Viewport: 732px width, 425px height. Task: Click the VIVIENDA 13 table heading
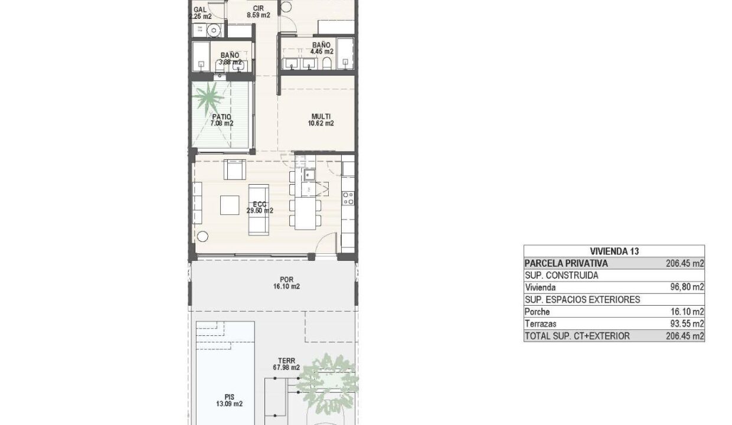pyautogui.click(x=614, y=251)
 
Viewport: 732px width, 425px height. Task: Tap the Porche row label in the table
pyautogui.click(x=537, y=312)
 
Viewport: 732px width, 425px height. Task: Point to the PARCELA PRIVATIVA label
pyautogui.click(x=566, y=263)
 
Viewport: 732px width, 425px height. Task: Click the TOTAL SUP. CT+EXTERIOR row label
pyautogui.click(x=577, y=336)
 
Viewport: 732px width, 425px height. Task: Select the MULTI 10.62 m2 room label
pyautogui.click(x=321, y=120)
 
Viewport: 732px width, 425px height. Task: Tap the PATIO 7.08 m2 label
pyautogui.click(x=221, y=120)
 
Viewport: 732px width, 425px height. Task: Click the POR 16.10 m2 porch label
pyautogui.click(x=286, y=283)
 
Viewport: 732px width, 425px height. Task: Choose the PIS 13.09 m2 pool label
pyautogui.click(x=230, y=400)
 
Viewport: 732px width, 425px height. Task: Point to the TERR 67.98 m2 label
pyautogui.click(x=286, y=364)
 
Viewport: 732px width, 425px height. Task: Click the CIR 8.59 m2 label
pyautogui.click(x=259, y=12)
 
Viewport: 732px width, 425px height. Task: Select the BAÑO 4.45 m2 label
pyautogui.click(x=322, y=48)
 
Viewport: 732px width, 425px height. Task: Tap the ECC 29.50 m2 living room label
pyautogui.click(x=260, y=207)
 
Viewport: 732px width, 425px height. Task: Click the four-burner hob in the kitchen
pyautogui.click(x=348, y=198)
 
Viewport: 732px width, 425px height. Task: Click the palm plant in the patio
pyautogui.click(x=208, y=97)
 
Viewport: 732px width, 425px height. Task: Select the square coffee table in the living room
pyautogui.click(x=230, y=205)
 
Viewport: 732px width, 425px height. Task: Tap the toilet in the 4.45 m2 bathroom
pyautogui.click(x=327, y=63)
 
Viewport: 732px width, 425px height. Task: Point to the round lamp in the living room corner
pyautogui.click(x=202, y=237)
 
